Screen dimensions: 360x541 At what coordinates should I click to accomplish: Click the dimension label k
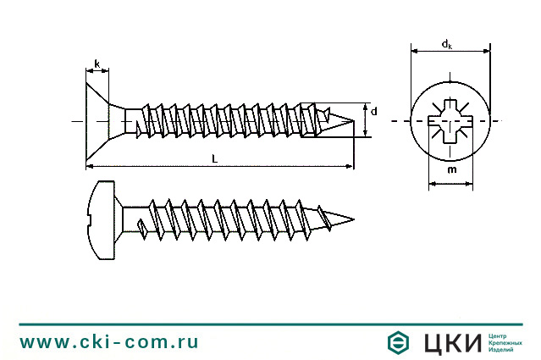click(x=97, y=64)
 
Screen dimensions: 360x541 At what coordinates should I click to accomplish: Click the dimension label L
click(x=215, y=158)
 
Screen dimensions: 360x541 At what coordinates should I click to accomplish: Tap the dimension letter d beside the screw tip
click(x=373, y=111)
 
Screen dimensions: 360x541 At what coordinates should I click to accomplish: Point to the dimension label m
click(x=450, y=170)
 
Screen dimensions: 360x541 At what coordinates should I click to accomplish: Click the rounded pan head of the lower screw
click(x=102, y=218)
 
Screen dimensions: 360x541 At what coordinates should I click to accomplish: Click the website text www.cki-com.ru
click(x=109, y=342)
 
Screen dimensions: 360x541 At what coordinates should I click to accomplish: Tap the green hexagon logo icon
click(x=399, y=343)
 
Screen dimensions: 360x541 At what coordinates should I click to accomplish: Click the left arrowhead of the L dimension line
click(x=90, y=166)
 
